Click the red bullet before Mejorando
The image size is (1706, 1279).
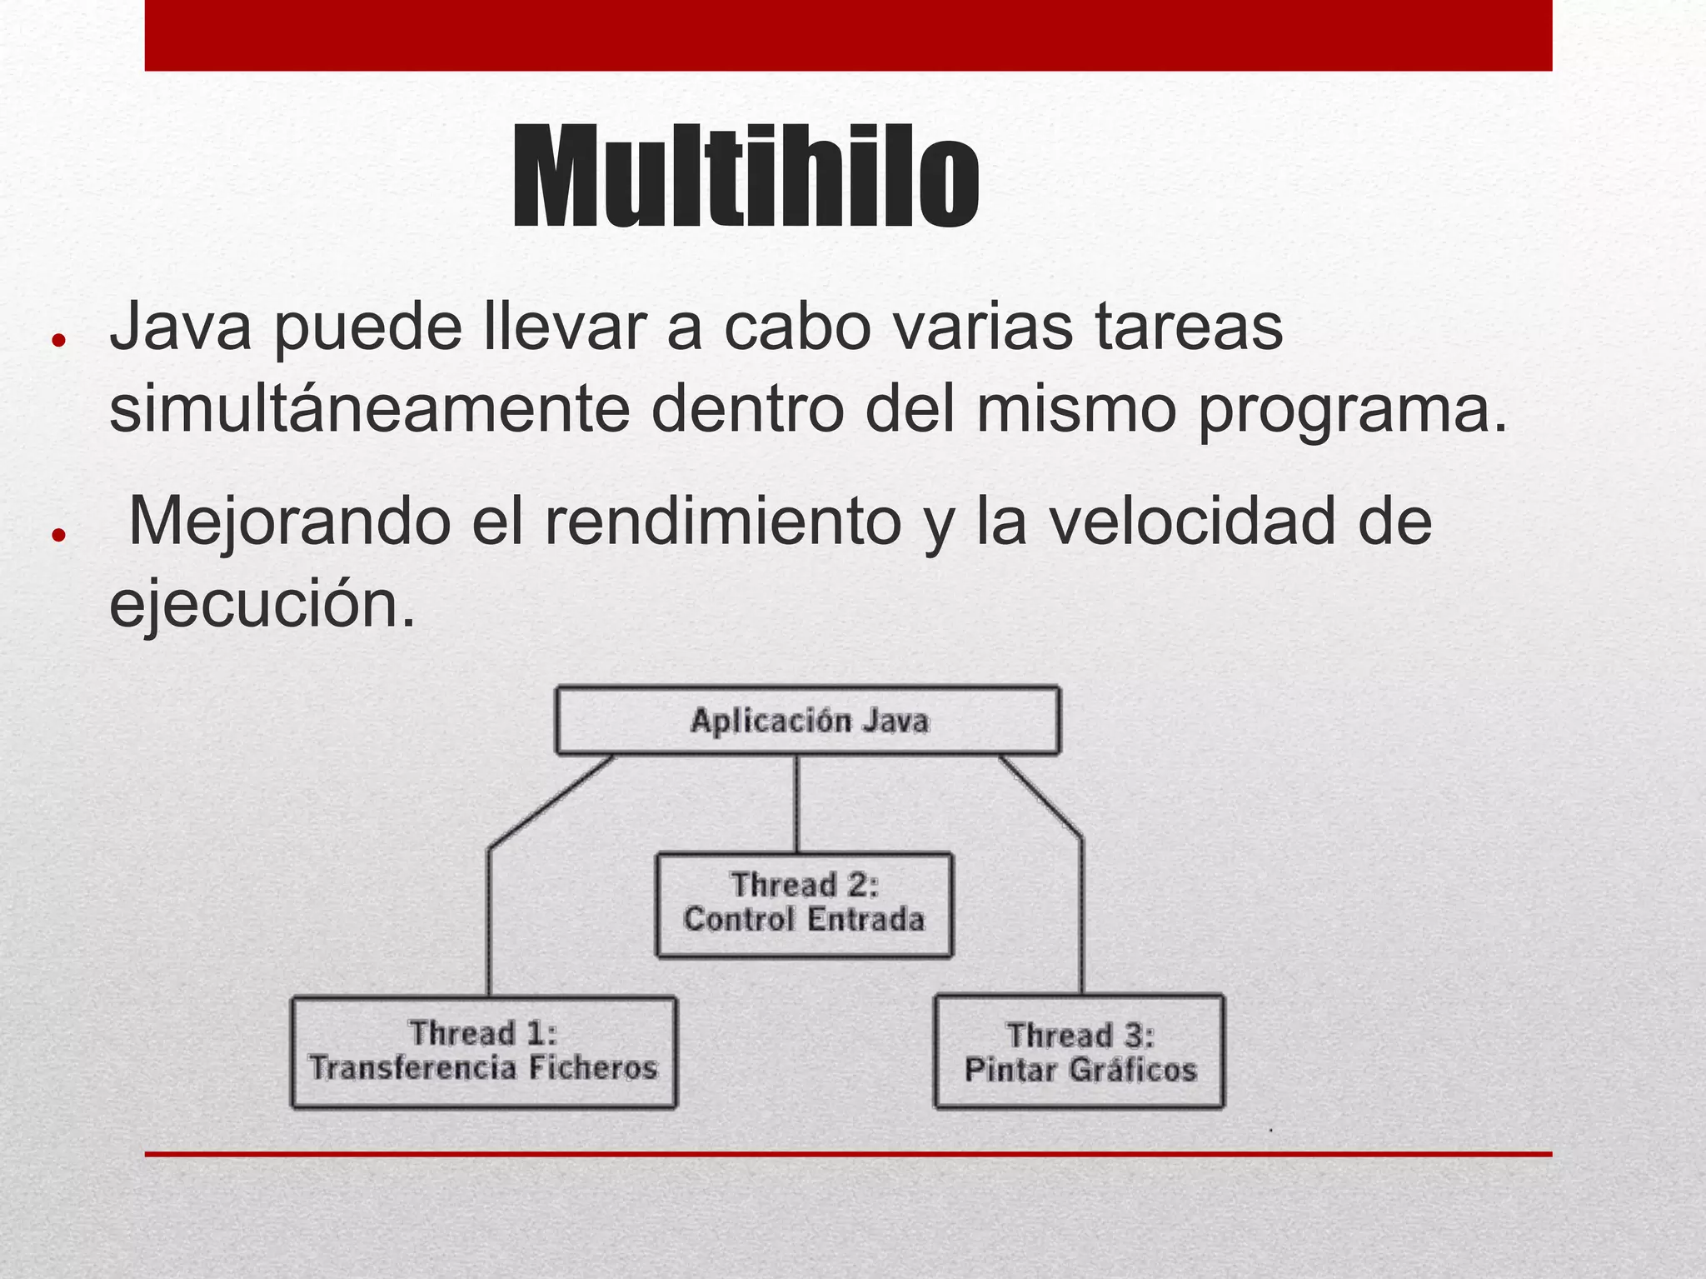57,535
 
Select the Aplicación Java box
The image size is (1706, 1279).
808,721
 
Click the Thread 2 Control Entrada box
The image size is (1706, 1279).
804,904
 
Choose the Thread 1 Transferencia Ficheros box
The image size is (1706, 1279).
483,1052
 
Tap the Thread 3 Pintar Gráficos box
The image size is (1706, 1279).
1080,1052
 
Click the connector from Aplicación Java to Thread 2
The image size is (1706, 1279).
796,803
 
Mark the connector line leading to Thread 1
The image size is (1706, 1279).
489,917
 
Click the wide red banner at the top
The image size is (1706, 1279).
848,35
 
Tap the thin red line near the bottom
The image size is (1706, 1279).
848,1154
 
